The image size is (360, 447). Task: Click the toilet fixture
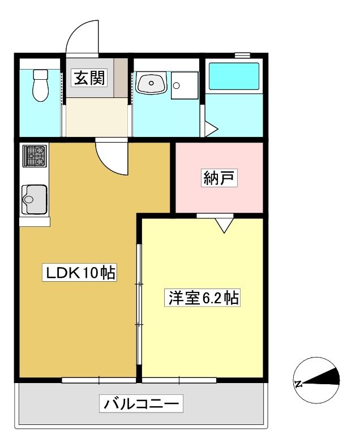[x=41, y=85]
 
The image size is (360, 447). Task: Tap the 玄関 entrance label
[x=89, y=78]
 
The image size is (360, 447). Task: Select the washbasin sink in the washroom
[x=151, y=83]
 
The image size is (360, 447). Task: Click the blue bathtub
[x=234, y=76]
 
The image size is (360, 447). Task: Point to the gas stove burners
[x=35, y=156]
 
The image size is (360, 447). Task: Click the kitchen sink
[x=34, y=199]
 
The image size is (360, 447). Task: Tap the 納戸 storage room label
[x=219, y=178]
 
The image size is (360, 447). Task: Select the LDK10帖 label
[x=80, y=273]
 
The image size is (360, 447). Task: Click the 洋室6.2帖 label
[x=202, y=298]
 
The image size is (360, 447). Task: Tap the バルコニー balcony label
[x=141, y=403]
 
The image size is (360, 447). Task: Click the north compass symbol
[x=316, y=380]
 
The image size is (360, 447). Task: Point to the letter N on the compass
[x=298, y=384]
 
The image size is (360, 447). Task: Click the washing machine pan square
[x=185, y=85]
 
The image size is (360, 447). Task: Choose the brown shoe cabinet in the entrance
[x=121, y=78]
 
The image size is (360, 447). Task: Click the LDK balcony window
[x=98, y=380]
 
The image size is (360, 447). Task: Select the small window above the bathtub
[x=242, y=54]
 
